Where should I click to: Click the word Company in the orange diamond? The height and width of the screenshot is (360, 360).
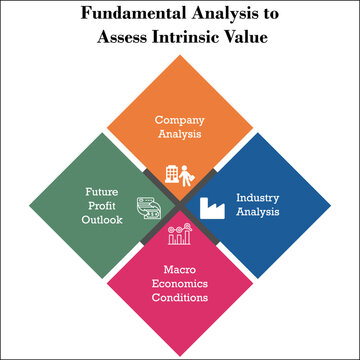(180, 120)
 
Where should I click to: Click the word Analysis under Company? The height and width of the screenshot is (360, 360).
(180, 134)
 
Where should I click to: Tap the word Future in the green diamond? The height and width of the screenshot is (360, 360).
(99, 191)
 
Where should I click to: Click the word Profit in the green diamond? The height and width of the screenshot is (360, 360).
(99, 205)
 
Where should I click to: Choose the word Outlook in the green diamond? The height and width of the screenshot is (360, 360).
(99, 220)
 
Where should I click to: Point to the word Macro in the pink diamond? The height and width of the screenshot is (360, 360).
(180, 269)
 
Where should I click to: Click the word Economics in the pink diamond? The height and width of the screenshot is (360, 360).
(180, 283)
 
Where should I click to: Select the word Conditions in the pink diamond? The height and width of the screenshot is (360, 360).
(180, 297)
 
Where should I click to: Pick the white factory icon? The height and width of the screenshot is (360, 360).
(212, 208)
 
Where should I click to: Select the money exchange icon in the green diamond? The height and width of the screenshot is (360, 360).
(148, 208)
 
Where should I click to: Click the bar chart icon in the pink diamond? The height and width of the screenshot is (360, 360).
(180, 236)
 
